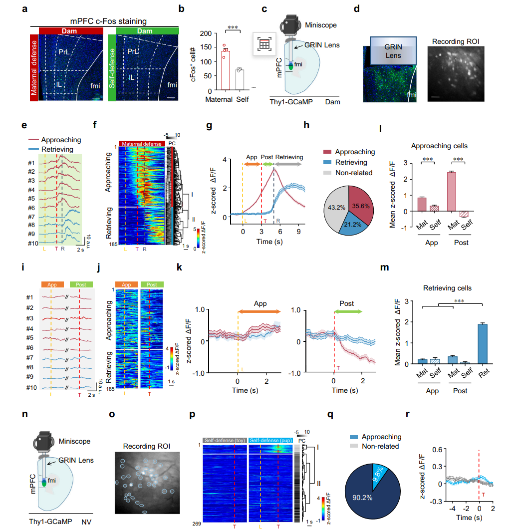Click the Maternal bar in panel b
(x=226, y=70)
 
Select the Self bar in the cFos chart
(x=240, y=79)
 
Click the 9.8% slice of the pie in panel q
(x=380, y=474)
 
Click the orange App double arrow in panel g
(x=252, y=164)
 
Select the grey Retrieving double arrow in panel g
(x=289, y=164)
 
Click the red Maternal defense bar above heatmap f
(x=142, y=144)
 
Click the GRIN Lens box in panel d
(x=393, y=50)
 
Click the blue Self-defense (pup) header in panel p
(x=270, y=441)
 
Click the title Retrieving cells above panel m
(x=447, y=288)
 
